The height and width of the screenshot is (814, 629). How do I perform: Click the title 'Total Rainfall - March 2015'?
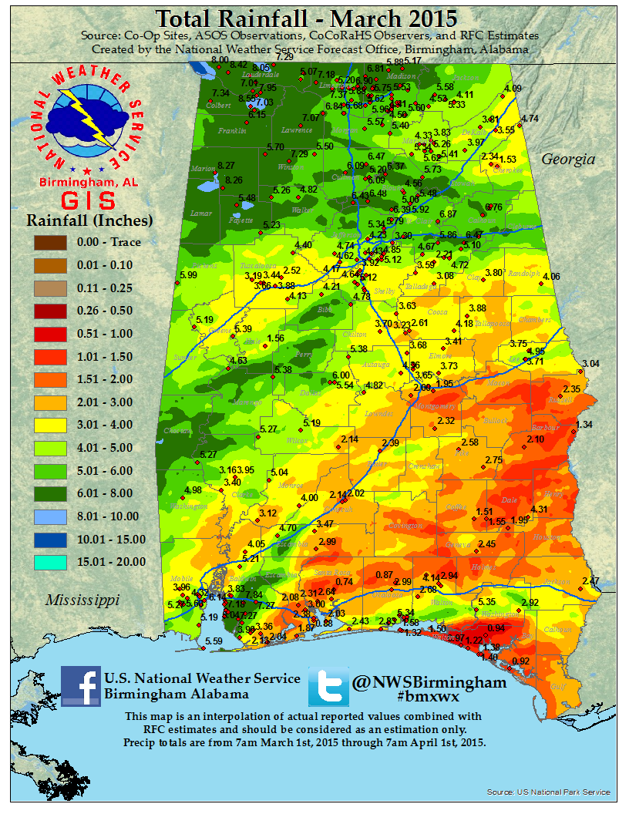coord(306,18)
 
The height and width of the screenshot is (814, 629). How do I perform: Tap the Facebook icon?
coord(80,686)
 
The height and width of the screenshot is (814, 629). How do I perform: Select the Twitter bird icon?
coord(328,687)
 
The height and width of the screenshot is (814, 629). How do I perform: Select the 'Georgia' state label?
coord(568,160)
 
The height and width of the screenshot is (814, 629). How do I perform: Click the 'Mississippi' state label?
coord(82,600)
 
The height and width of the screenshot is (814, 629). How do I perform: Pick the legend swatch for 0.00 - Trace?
coord(49,242)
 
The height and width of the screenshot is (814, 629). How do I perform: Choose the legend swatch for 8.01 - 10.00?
coord(49,516)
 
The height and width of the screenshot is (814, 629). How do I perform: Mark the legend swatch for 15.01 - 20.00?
coord(49,562)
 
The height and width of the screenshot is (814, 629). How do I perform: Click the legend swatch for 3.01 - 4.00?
coord(49,425)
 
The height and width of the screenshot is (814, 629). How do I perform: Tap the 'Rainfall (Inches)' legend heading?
coord(89,220)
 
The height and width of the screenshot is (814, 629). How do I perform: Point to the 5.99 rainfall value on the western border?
coord(187,274)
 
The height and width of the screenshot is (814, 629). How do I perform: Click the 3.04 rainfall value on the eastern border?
coord(590,363)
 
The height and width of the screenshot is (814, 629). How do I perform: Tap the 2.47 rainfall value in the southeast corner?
coord(590,580)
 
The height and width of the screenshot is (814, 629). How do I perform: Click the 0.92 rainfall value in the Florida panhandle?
coord(521,661)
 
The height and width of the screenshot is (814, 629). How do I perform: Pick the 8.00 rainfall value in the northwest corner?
coord(220,59)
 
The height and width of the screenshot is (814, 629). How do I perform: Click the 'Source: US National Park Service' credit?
coord(548,792)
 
